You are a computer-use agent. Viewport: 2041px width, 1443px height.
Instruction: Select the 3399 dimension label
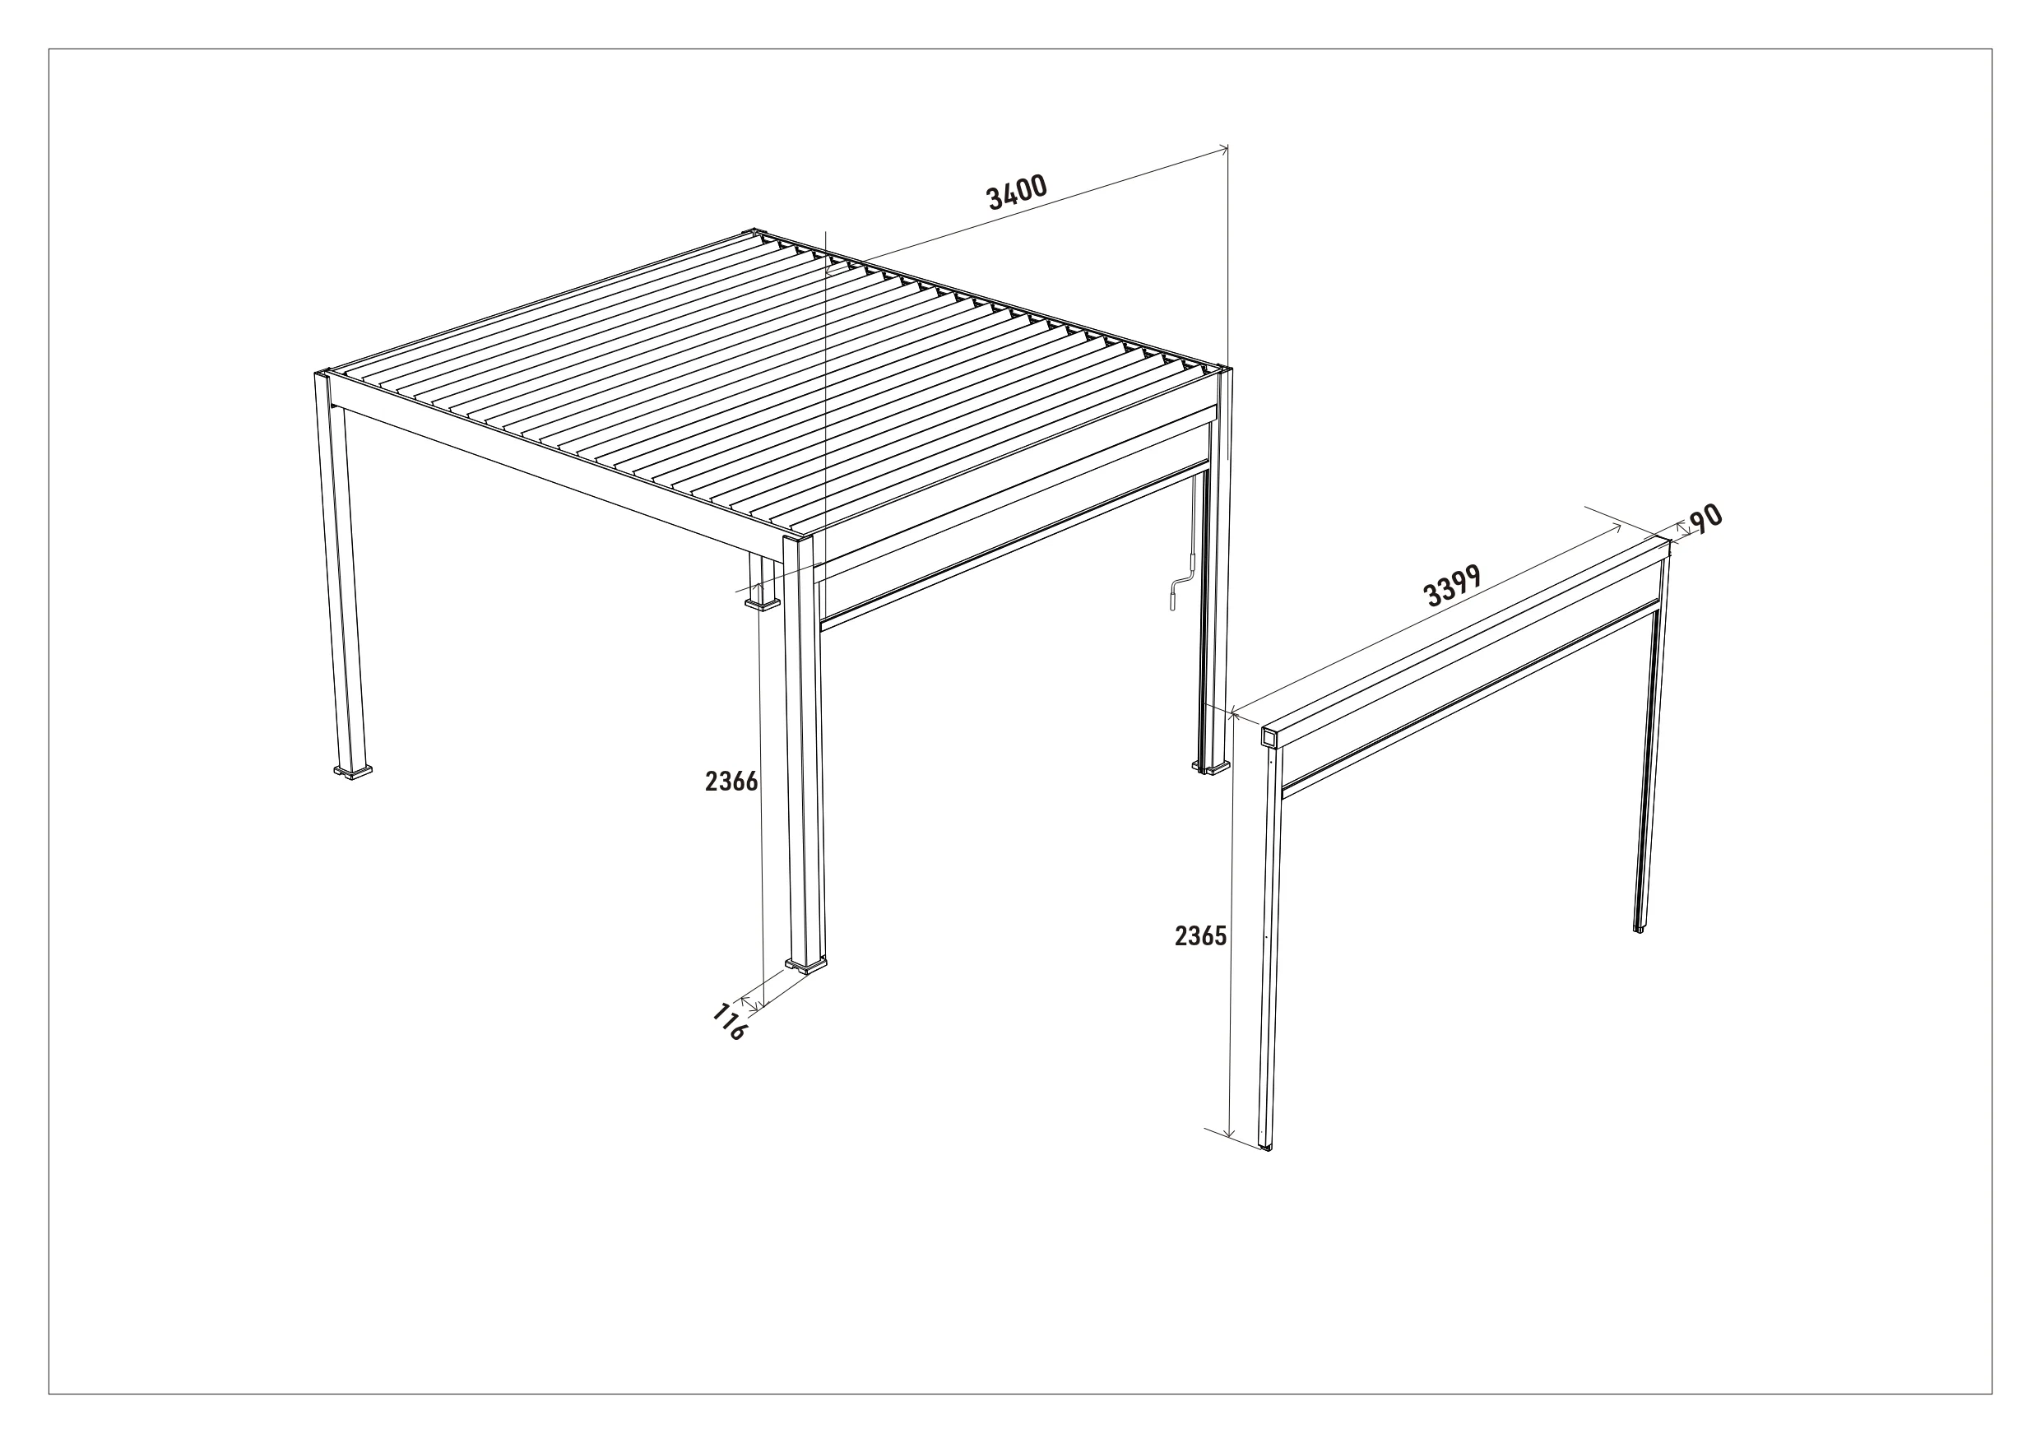(1452, 586)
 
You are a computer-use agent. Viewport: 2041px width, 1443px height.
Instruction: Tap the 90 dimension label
(1705, 519)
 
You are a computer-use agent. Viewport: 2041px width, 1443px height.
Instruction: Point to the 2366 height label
(731, 782)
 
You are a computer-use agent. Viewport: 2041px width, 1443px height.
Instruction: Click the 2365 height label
(1200, 936)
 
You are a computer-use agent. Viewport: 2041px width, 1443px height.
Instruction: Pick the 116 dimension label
(729, 1022)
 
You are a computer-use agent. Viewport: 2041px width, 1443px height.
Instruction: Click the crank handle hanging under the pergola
(1180, 587)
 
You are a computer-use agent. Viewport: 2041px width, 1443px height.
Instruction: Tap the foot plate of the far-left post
(353, 772)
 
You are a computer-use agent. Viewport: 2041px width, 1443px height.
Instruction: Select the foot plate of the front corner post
(805, 965)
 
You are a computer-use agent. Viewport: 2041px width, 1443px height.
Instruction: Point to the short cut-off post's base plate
(762, 605)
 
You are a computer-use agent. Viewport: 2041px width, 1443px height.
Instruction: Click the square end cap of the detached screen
(1270, 736)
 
